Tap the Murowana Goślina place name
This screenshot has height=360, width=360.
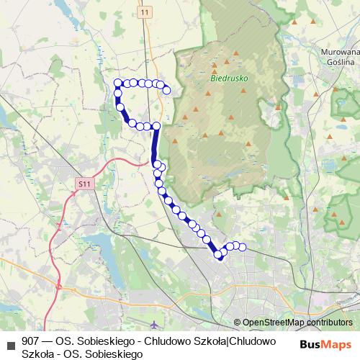pyautogui.click(x=339, y=58)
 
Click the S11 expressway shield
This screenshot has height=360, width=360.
pyautogui.click(x=85, y=184)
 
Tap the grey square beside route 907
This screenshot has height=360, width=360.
pyautogui.click(x=10, y=341)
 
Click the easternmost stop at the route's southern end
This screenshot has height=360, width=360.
pyautogui.click(x=243, y=248)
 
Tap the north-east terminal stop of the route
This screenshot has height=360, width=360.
pyautogui.click(x=167, y=90)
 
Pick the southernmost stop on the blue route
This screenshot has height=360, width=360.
pyautogui.click(x=220, y=257)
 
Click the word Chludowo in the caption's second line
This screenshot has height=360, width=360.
pyautogui.click(x=256, y=341)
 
